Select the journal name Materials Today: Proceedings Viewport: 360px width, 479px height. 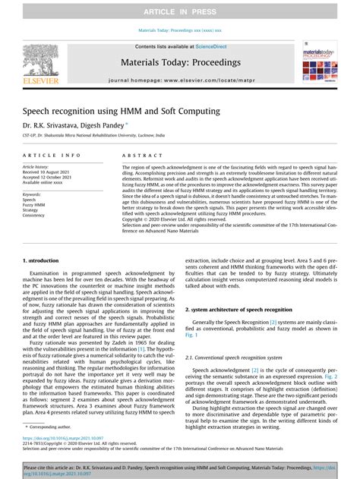pyautogui.click(x=180, y=62)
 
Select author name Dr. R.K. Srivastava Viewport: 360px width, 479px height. pyautogui.click(x=48, y=125)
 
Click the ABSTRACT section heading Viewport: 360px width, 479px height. pyautogui.click(x=137, y=154)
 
